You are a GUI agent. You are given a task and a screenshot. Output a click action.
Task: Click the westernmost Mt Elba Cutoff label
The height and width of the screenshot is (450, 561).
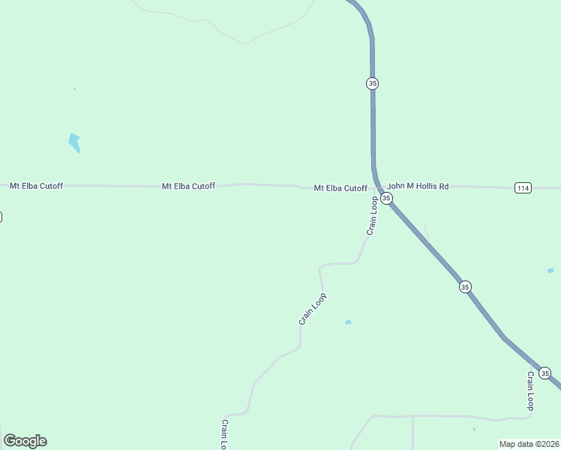click(x=34, y=185)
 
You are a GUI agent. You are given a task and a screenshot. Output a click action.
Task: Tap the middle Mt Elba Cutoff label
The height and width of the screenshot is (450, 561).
click(x=188, y=186)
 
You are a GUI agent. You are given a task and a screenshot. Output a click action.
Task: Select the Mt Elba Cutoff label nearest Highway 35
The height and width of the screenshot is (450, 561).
click(x=340, y=188)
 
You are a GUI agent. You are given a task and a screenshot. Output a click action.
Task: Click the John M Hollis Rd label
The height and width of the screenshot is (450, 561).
click(x=418, y=185)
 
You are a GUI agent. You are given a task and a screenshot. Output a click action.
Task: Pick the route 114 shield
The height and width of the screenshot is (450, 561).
click(x=523, y=187)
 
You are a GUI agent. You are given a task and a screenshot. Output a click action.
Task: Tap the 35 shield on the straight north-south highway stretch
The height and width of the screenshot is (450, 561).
click(x=373, y=83)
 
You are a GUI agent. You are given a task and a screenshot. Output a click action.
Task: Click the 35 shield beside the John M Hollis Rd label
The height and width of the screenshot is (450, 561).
click(x=386, y=198)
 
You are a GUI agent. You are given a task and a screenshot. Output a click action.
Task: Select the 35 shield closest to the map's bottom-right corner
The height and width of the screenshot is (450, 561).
click(x=544, y=373)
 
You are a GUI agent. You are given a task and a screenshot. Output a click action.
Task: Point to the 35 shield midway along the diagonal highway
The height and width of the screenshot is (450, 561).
click(x=465, y=286)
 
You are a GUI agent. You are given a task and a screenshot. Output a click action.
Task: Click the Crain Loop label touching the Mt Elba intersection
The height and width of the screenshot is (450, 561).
click(x=371, y=216)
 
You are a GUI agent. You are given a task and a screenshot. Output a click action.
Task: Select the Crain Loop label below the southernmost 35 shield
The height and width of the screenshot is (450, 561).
click(x=530, y=391)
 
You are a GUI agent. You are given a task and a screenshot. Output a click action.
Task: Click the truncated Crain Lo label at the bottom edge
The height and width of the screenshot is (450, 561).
click(x=224, y=434)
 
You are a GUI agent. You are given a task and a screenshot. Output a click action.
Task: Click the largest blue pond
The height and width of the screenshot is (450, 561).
click(x=74, y=142)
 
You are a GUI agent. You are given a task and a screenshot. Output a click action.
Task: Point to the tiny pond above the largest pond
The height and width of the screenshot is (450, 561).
click(x=74, y=89)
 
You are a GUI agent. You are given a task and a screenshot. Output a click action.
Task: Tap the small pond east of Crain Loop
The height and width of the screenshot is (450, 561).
click(x=348, y=322)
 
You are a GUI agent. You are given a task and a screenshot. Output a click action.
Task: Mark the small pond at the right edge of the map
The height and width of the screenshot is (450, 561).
click(x=550, y=270)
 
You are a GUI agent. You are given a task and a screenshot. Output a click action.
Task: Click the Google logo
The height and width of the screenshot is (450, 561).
click(x=25, y=441)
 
